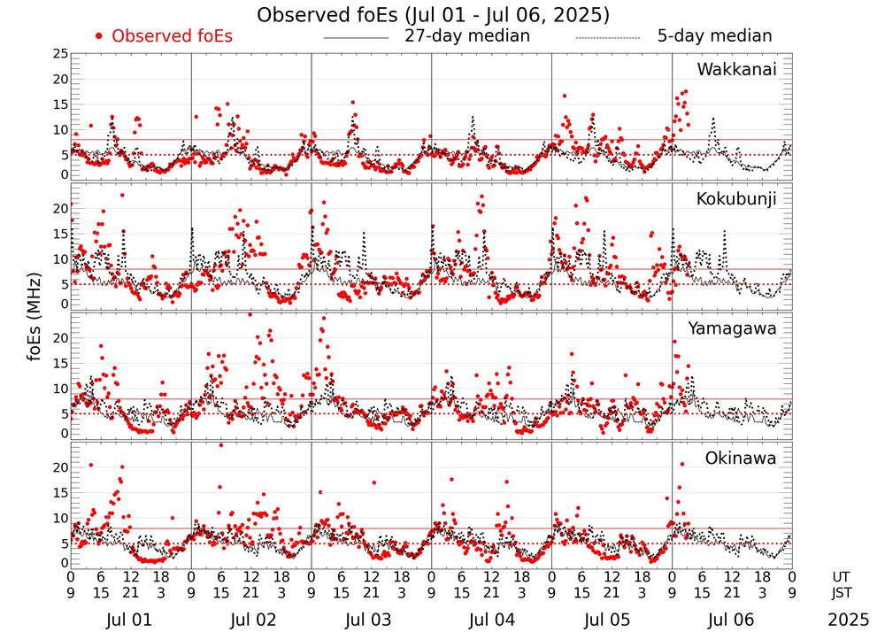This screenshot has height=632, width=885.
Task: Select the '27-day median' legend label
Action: pyautogui.click(x=466, y=36)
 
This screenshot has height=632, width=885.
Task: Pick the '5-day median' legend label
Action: pyautogui.click(x=714, y=36)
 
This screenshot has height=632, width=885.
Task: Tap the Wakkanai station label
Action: pyautogui.click(x=736, y=69)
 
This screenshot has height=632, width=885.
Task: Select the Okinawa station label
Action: pyautogui.click(x=741, y=459)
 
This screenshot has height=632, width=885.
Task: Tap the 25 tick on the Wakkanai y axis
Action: pyautogui.click(x=60, y=54)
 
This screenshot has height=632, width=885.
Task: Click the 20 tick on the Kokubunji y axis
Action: pyautogui.click(x=60, y=208)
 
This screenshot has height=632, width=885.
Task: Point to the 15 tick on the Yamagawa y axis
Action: pyautogui.click(x=60, y=363)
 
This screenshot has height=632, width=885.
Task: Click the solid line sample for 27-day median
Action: pyautogui.click(x=356, y=38)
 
